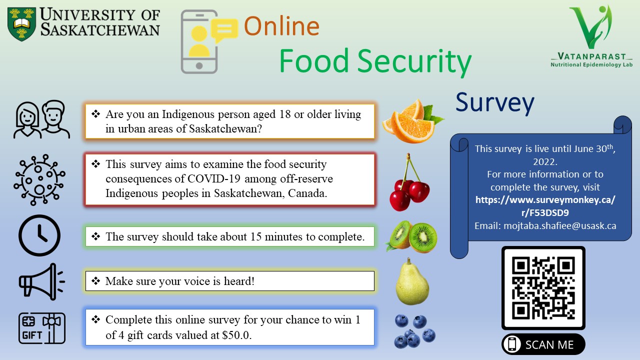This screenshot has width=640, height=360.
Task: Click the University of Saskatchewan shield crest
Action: [21, 24]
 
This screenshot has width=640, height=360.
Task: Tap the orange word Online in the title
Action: [281, 26]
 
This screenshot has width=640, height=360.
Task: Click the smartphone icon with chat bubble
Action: [209, 41]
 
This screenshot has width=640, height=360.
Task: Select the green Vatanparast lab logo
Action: [591, 36]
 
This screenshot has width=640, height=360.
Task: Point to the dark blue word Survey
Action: [494, 103]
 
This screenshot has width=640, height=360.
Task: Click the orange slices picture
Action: [412, 121]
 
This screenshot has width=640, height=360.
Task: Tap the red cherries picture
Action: [409, 182]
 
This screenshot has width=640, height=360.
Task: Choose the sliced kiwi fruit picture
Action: [411, 236]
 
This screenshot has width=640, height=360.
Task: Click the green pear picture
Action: [412, 281]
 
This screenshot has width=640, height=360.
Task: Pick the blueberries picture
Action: [414, 331]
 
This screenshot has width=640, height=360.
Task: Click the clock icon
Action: [39, 235]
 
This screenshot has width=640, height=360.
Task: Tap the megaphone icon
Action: [41, 281]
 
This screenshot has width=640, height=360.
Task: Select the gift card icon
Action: [42, 328]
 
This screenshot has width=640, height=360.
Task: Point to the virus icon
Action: [39, 180]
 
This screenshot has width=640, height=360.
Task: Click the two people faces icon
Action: [41, 119]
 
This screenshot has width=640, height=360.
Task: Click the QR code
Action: [543, 288]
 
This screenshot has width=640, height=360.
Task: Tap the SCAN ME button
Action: [543, 344]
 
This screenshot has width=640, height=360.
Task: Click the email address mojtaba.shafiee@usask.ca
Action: [559, 225]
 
